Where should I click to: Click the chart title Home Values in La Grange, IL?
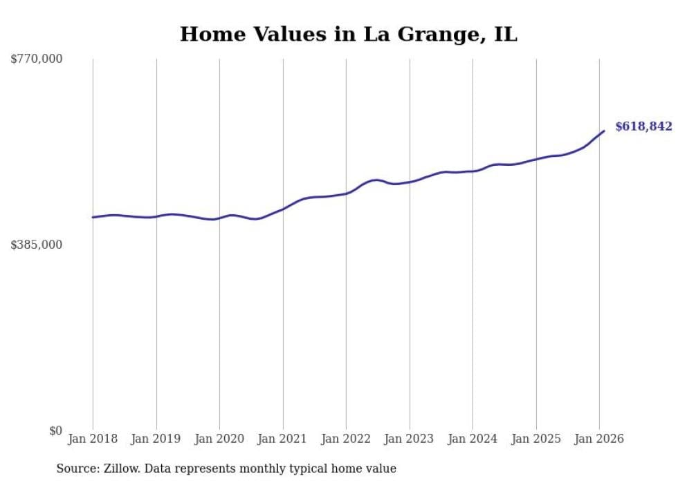[348, 34]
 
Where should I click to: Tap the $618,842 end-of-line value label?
[643, 126]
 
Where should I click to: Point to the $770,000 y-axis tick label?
[37, 59]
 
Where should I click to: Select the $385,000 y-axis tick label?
[37, 245]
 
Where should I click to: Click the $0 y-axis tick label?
[55, 430]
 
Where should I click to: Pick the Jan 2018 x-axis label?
[93, 439]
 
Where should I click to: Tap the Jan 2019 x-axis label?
[156, 439]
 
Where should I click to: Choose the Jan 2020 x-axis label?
[219, 439]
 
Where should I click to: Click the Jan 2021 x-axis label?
[283, 439]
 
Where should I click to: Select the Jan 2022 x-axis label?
[346, 439]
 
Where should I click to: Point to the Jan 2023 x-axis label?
[410, 439]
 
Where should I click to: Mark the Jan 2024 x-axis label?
[473, 439]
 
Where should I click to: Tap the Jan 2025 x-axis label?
[536, 439]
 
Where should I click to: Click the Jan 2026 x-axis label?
[599, 439]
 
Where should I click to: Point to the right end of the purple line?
[604, 131]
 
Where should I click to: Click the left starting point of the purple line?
[93, 217]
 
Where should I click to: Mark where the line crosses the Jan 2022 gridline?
[346, 193]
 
